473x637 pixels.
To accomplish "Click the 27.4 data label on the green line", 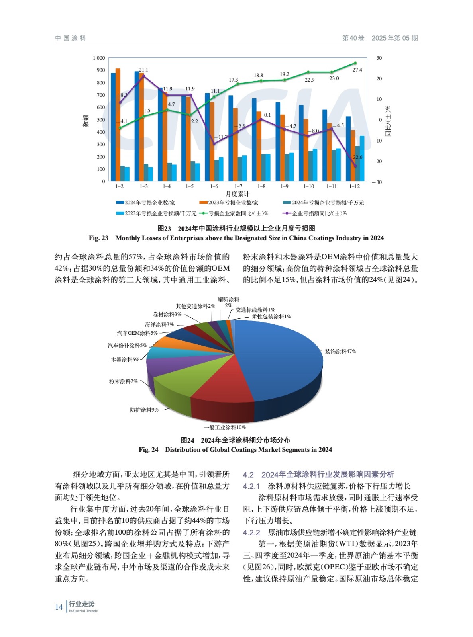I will (357, 70).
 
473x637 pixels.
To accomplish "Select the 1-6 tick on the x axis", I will (214, 186).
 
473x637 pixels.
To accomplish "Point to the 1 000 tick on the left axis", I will (99, 58).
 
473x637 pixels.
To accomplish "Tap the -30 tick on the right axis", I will (377, 182).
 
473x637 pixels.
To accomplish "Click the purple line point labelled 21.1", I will (143, 76).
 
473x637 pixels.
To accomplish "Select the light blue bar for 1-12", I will (362, 158).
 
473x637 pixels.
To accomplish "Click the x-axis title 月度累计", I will (237, 194).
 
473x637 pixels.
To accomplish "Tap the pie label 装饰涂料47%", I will (340, 351).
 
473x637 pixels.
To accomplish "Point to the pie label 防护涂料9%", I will (144, 410).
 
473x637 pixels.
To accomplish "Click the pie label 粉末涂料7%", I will (123, 381).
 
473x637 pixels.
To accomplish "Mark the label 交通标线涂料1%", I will (255, 310).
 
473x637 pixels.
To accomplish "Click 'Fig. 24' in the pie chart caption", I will (148, 450).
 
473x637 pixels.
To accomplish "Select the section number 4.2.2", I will (251, 533).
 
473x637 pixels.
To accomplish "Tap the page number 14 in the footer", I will (59, 607).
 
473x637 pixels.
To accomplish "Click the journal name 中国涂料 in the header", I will (71, 38).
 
